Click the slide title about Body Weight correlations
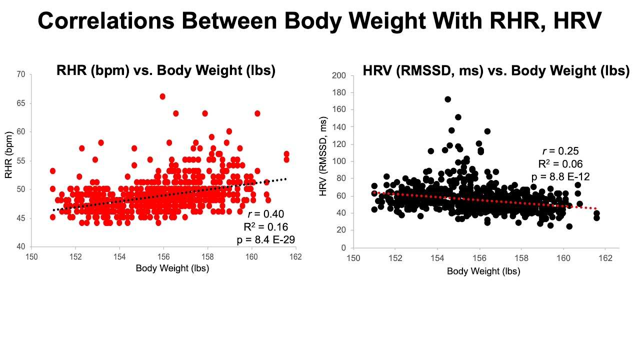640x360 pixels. pos(320,21)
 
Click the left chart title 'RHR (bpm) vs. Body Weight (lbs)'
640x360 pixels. pos(166,70)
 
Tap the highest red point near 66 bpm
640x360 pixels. pos(162,96)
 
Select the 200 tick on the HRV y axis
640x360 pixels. pos(340,75)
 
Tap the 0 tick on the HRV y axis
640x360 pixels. pos(344,248)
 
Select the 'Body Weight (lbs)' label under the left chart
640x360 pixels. pos(172,268)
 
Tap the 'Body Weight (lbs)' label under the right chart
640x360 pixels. pos(483,271)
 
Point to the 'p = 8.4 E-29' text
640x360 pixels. pos(265,239)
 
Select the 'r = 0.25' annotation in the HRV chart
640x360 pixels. pos(560,150)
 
